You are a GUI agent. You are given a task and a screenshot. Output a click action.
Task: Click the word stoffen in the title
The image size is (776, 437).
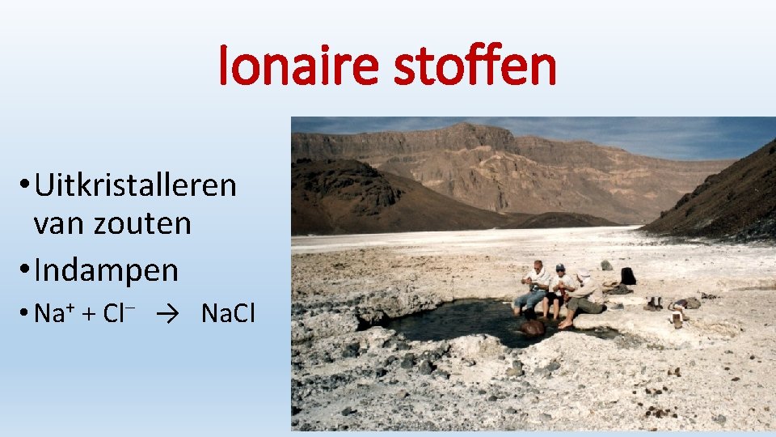click(474, 67)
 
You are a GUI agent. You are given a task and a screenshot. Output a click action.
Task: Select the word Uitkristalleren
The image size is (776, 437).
click(136, 185)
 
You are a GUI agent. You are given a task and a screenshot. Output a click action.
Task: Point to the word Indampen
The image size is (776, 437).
click(106, 270)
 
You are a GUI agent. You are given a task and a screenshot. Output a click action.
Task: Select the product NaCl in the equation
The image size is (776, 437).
click(228, 313)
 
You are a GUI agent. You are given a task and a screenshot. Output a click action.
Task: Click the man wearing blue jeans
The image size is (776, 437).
click(532, 287)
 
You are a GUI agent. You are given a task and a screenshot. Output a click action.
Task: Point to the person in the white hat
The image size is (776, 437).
click(581, 291)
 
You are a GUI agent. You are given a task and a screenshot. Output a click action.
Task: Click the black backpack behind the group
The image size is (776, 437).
click(627, 276)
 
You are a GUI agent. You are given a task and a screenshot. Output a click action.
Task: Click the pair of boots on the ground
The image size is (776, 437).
click(653, 303)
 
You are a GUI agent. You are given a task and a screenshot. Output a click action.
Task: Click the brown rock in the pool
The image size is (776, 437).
click(532, 327)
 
